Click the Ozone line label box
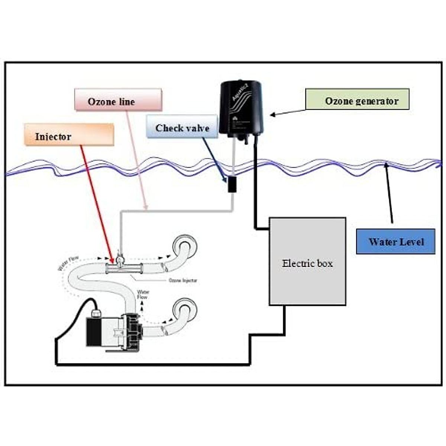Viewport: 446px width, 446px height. coord(118,100)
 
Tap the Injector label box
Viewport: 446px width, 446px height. coord(69,135)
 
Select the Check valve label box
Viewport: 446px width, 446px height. coord(182,127)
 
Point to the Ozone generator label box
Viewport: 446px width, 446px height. coord(357,99)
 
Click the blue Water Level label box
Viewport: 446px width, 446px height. coord(395,242)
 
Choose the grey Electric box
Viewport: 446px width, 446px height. coord(307,261)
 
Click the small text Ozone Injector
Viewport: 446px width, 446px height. coord(183,281)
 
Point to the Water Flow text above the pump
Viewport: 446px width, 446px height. coord(143,294)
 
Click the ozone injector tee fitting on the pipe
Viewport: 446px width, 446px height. coord(120,265)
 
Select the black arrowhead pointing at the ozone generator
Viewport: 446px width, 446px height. coord(272,115)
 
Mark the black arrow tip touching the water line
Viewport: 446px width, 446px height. coord(386,164)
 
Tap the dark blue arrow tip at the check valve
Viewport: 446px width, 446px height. coord(226,181)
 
